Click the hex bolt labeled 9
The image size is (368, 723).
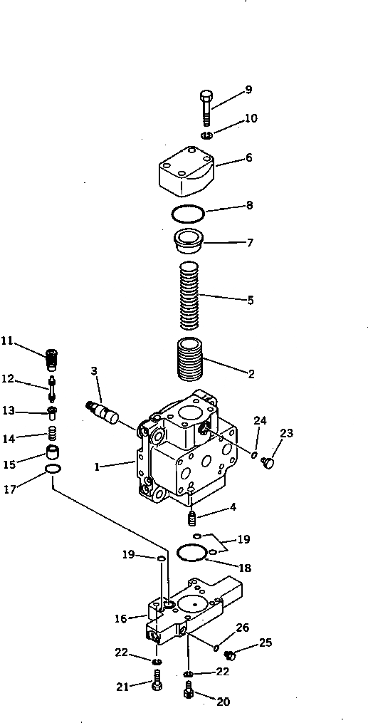coord(206,108)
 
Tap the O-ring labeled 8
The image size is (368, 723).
coord(189,212)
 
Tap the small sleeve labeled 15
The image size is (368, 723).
coord(52,452)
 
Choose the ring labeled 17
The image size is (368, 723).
coord(53,469)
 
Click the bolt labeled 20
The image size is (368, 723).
coord(189,690)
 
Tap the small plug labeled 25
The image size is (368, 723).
coord(230,654)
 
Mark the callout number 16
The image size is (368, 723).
coord(121,619)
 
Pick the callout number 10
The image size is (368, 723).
coord(251,118)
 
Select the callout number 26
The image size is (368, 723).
coord(243,628)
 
